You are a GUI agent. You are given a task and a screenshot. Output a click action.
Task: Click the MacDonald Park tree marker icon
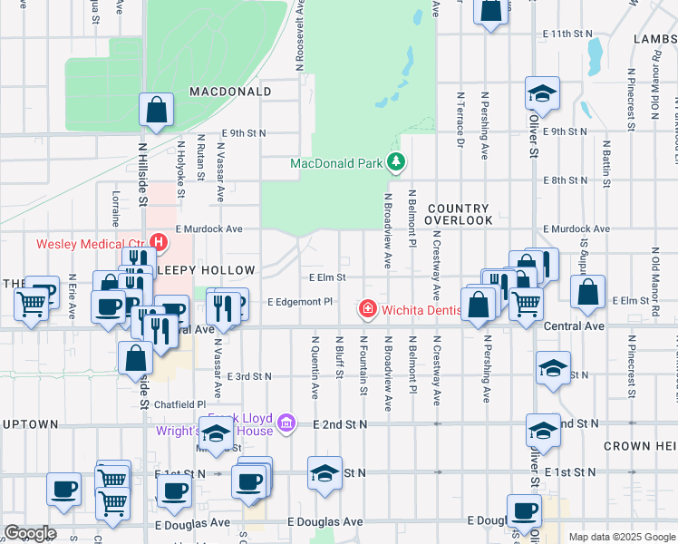coord(396,163)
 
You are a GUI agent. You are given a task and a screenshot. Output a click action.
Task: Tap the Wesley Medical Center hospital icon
coord(159,243)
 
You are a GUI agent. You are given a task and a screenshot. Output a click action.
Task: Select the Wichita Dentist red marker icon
coord(368,310)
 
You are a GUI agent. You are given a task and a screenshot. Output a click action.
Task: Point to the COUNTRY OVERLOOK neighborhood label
coord(460,214)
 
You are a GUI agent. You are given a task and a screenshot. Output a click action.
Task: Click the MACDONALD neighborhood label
coord(230,92)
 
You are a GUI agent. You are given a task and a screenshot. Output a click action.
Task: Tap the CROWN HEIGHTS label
coord(640,446)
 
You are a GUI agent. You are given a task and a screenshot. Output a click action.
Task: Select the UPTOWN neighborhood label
coord(30,423)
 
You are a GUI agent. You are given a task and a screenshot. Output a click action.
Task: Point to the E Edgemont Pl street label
coord(302,302)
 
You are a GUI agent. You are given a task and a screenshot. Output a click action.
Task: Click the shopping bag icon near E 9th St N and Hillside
coord(156,110)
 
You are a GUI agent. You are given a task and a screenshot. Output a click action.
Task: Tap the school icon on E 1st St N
coord(324,472)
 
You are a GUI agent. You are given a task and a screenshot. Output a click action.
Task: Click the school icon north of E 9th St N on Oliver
coord(542,93)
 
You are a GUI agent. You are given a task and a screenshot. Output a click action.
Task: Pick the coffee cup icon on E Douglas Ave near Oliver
coord(524,510)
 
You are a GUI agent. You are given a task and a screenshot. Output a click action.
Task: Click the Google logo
coord(30,534)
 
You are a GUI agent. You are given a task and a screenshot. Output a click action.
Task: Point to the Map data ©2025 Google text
coord(621,537)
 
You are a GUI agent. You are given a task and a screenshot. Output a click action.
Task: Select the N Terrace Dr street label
coord(460,119)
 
